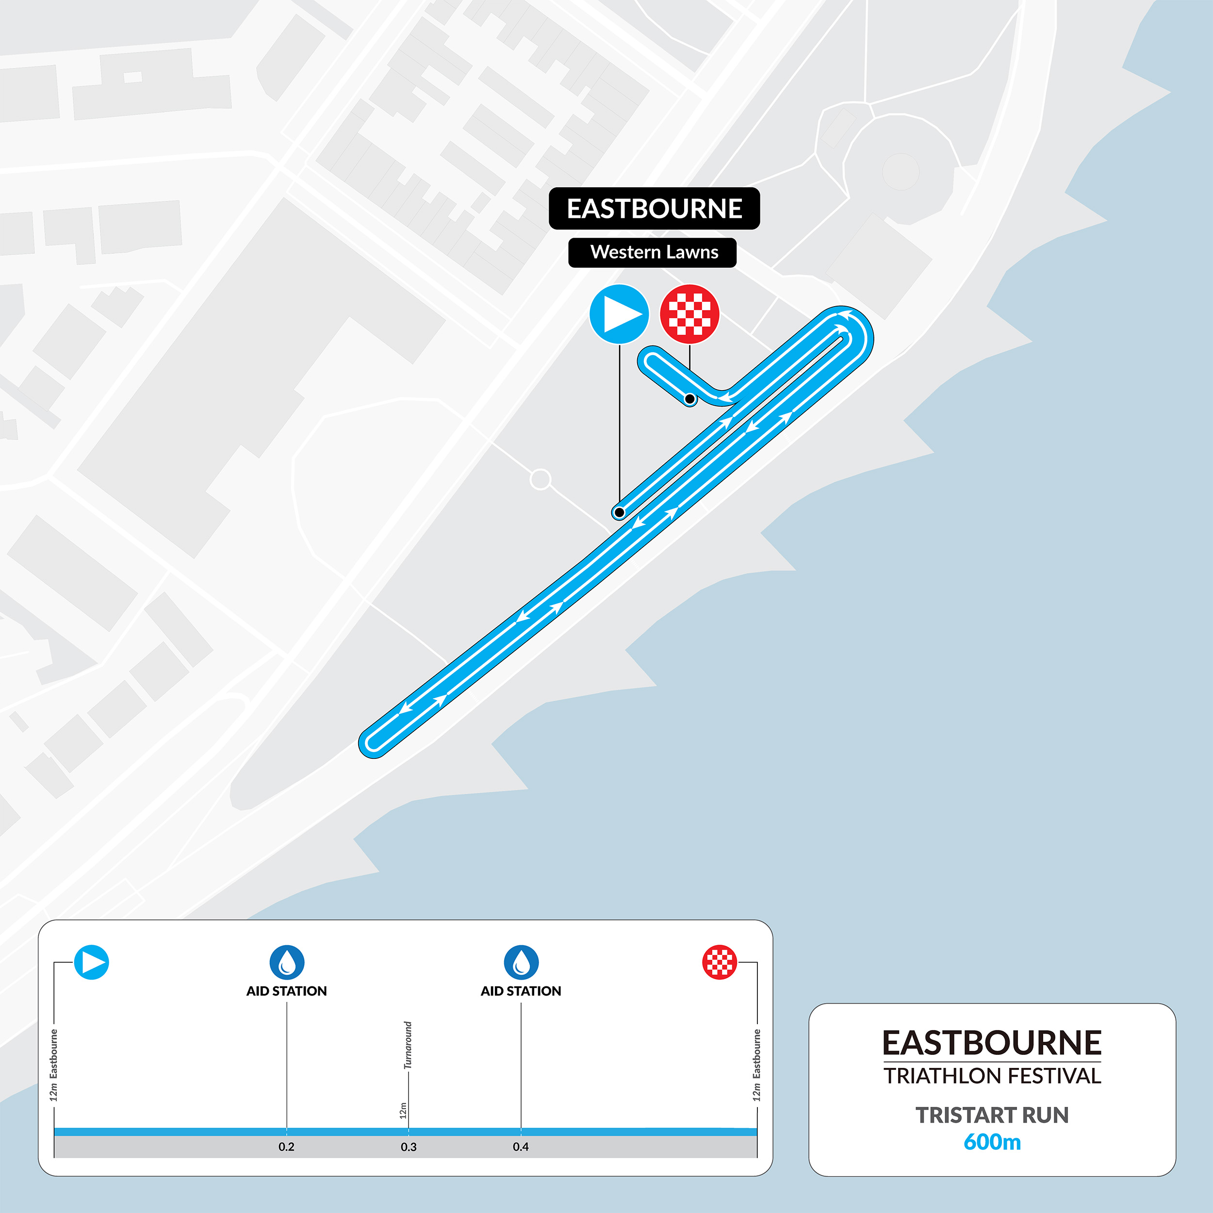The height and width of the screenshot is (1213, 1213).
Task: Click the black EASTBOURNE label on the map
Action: [x=654, y=209]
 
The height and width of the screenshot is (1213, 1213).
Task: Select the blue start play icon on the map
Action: [x=619, y=314]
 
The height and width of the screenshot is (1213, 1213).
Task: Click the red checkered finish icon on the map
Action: [x=689, y=314]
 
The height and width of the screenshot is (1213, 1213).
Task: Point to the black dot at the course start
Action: [x=619, y=512]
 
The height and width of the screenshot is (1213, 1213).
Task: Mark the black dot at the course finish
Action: [x=689, y=399]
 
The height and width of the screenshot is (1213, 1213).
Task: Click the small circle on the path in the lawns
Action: [x=540, y=480]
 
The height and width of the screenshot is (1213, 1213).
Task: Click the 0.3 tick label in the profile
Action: [x=409, y=1147]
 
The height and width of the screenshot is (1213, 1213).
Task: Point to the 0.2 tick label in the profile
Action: [x=286, y=1147]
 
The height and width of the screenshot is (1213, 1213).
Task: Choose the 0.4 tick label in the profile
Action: [x=521, y=1147]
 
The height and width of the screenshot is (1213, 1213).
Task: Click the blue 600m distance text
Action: [x=992, y=1141]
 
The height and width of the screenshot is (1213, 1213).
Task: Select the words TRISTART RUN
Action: [x=992, y=1115]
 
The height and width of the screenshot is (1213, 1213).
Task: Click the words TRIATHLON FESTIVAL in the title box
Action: [x=992, y=1076]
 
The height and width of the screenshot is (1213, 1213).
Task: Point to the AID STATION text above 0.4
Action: [x=521, y=991]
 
